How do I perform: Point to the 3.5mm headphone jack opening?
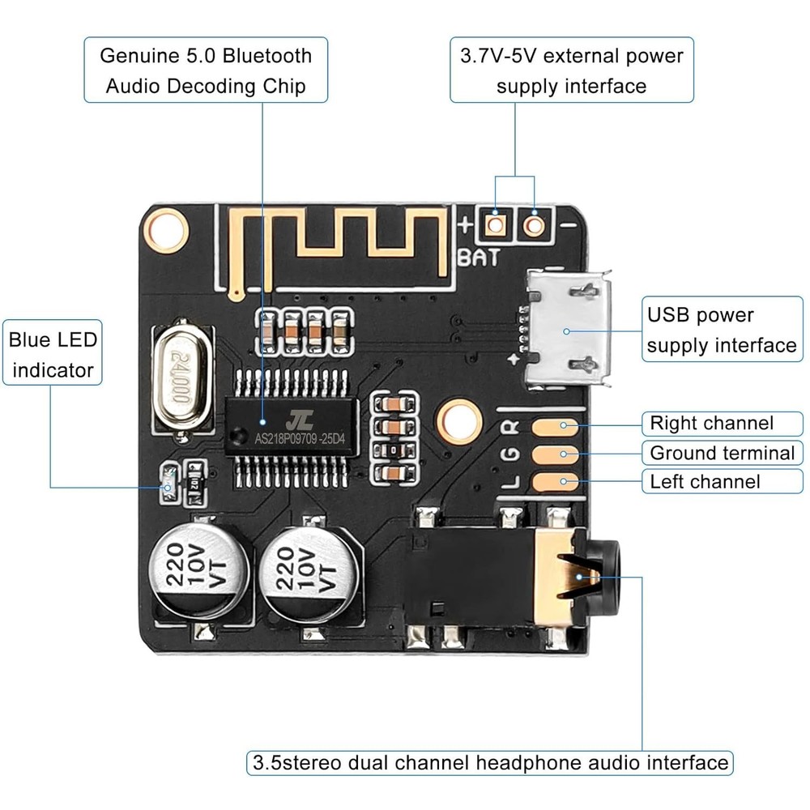603,576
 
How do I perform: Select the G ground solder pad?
556,454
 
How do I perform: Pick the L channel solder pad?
556,483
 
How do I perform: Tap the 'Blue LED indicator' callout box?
53,355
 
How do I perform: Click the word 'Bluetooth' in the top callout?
267,56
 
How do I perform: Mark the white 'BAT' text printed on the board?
479,258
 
